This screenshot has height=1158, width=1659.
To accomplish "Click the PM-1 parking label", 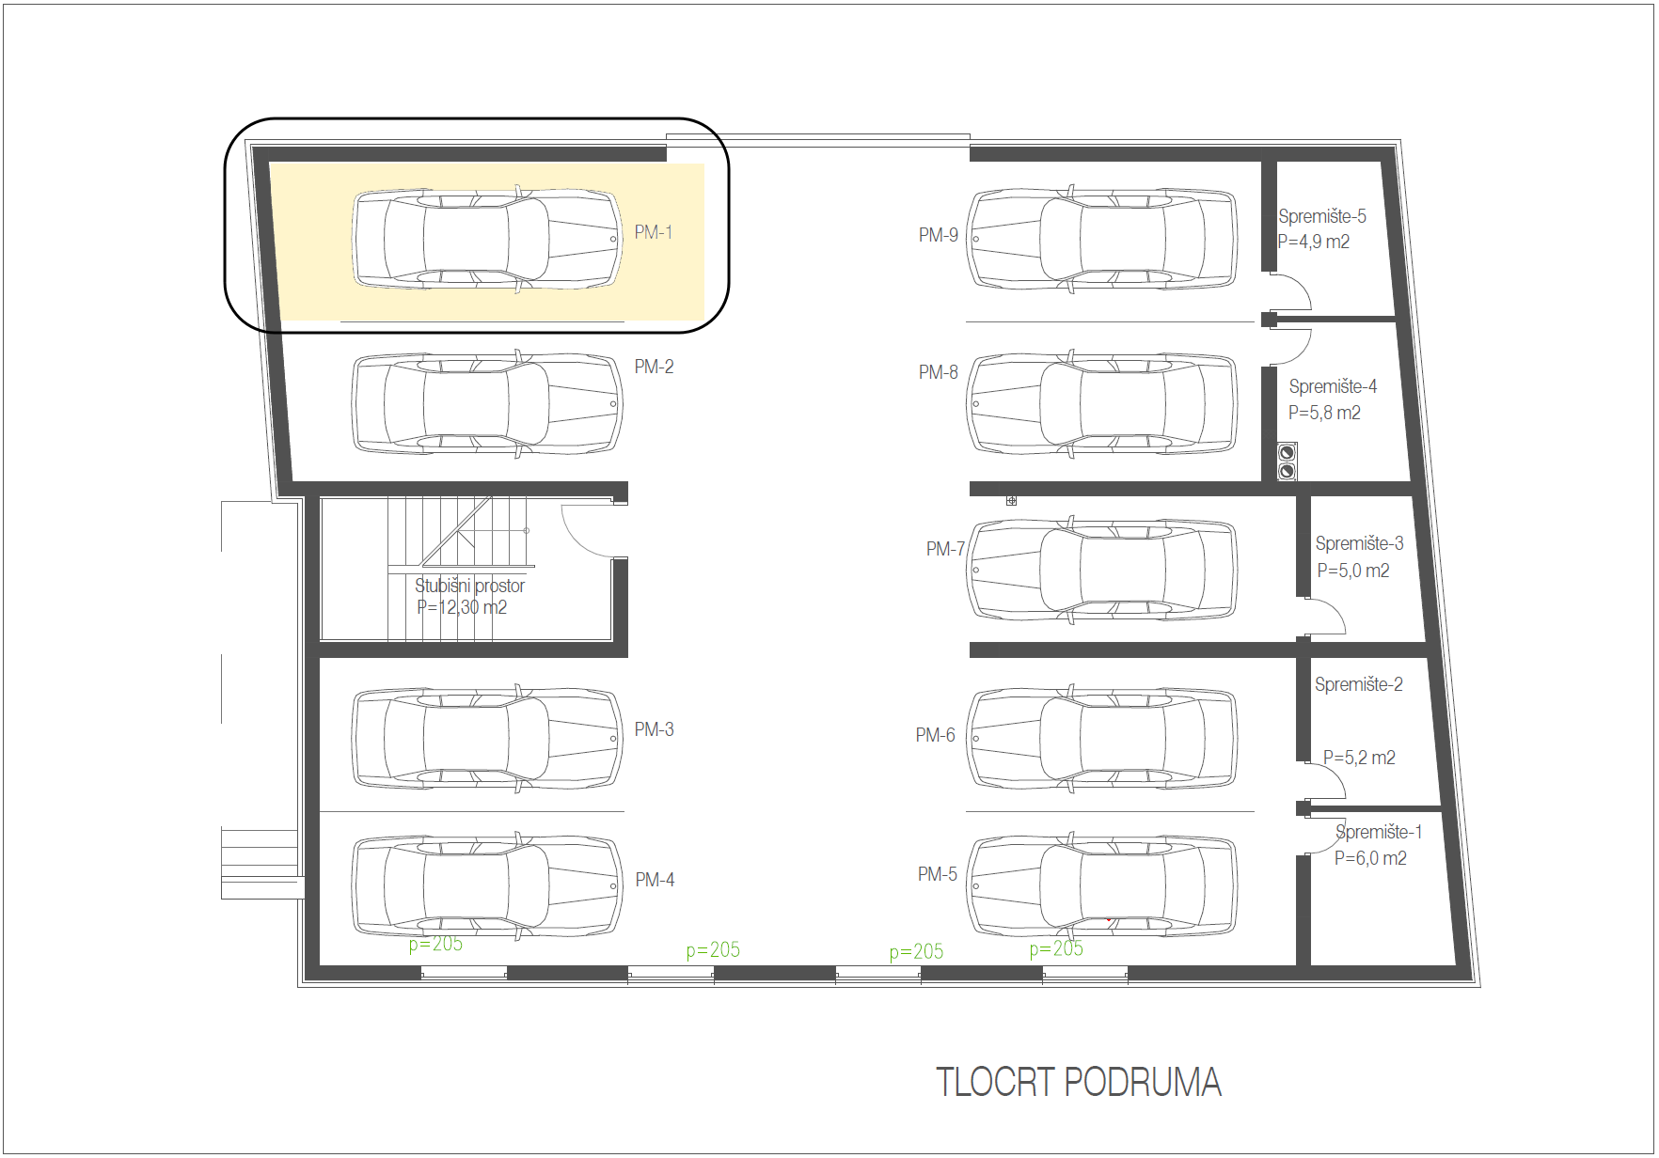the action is [x=653, y=232].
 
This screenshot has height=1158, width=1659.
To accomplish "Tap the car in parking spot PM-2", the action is [x=487, y=404].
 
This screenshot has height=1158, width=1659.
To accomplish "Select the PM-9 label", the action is [x=938, y=235].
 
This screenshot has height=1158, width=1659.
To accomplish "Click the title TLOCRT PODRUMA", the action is [x=1079, y=1082].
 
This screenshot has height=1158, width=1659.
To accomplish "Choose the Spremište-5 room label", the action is [x=1321, y=216].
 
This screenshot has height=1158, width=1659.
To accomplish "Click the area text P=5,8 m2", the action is [x=1324, y=413].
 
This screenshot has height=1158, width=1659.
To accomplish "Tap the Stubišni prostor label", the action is [x=469, y=586].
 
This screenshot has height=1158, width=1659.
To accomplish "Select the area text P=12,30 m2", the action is [x=462, y=607].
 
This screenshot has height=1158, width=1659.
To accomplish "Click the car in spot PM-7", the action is [x=1102, y=570].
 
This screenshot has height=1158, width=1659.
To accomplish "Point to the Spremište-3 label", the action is [x=1359, y=543].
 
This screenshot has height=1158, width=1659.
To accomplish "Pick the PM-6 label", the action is [x=935, y=735].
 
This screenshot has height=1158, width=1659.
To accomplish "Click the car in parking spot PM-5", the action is [x=1102, y=885].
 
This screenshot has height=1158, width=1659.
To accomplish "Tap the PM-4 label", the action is [x=655, y=880].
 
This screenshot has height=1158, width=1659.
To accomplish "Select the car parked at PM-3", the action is [x=487, y=739].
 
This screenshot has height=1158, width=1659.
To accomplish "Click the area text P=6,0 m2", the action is [x=1370, y=858].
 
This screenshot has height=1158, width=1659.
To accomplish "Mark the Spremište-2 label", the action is [x=1358, y=684].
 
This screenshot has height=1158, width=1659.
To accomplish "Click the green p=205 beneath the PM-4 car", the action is [x=435, y=944].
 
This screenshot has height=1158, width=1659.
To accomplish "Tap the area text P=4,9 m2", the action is [x=1313, y=242].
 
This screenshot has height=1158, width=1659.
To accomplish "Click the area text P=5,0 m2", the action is [x=1352, y=571].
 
